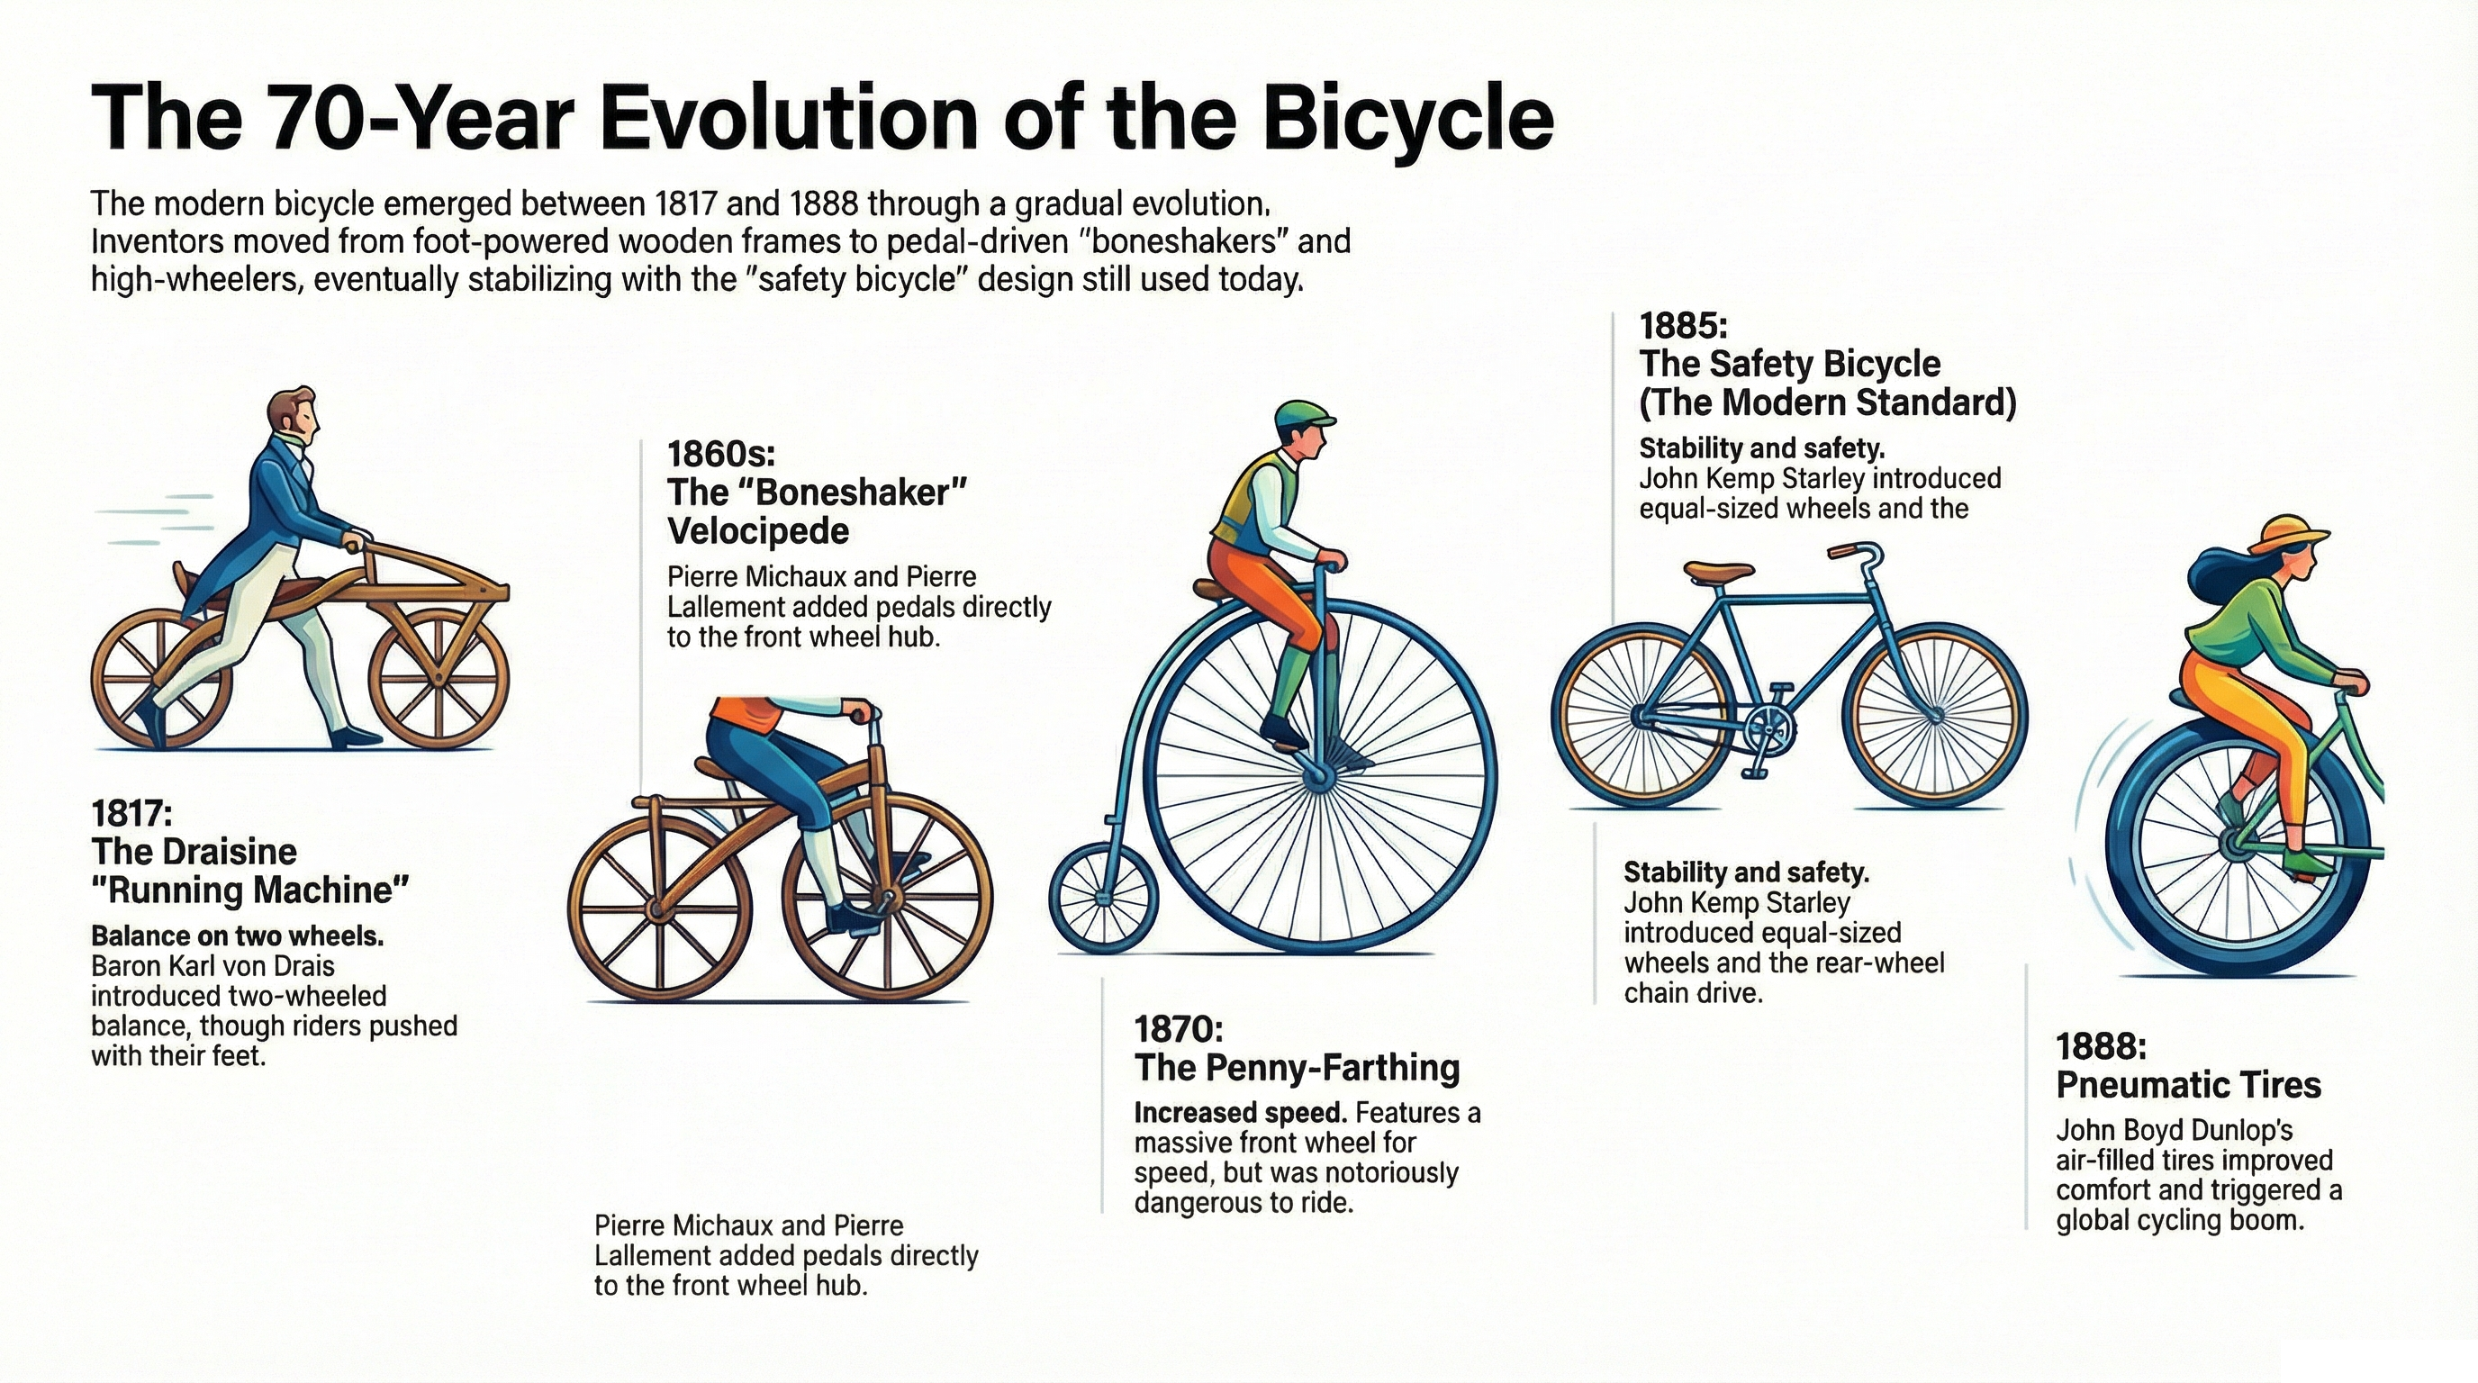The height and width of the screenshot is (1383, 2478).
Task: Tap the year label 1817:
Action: pyautogui.click(x=131, y=814)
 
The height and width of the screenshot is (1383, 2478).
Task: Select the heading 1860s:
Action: pyautogui.click(x=720, y=453)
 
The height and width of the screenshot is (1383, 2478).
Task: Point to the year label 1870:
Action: pyautogui.click(x=1179, y=1029)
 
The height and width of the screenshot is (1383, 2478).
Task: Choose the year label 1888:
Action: pyautogui.click(x=2101, y=1045)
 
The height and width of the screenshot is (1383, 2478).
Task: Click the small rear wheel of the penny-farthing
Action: pyautogui.click(x=1102, y=898)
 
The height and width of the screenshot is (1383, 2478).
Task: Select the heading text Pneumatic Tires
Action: pyautogui.click(x=2188, y=1085)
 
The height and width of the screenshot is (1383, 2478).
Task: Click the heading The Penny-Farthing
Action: pyautogui.click(x=1297, y=1068)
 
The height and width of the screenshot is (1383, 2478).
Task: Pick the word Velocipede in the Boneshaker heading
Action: pyautogui.click(x=758, y=531)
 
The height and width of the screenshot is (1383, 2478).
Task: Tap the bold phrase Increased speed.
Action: pyautogui.click(x=1240, y=1113)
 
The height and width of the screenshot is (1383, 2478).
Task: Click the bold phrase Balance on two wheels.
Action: pyautogui.click(x=238, y=936)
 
